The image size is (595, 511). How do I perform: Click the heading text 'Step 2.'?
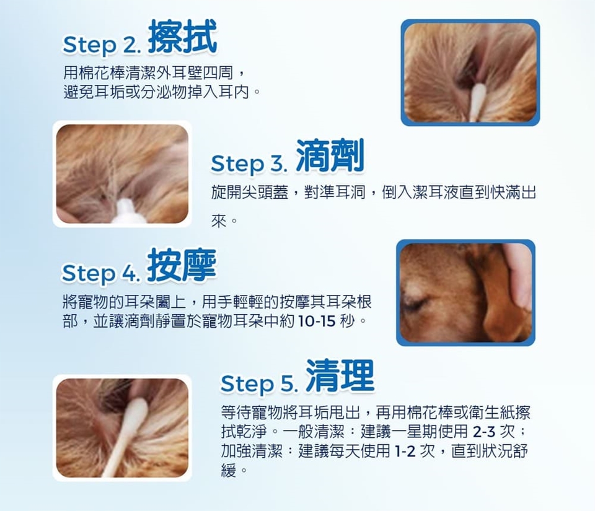(x=102, y=45)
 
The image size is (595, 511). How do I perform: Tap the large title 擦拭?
(x=182, y=37)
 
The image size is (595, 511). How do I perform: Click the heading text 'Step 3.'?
(x=249, y=164)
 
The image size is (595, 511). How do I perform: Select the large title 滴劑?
(x=330, y=155)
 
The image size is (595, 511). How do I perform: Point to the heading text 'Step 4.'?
(x=101, y=273)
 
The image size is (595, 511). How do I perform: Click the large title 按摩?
(x=182, y=264)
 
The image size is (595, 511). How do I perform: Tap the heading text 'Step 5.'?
(x=258, y=383)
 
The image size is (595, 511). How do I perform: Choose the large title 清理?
(x=340, y=375)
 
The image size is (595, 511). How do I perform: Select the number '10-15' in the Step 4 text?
(x=317, y=321)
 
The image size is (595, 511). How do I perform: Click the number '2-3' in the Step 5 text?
(x=484, y=431)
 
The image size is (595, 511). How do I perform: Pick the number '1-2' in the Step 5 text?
(x=405, y=451)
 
